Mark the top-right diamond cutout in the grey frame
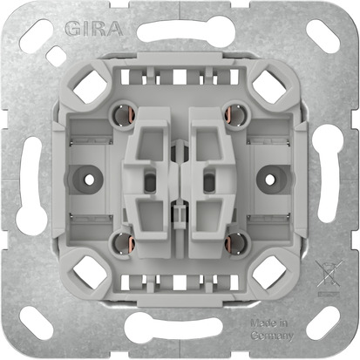pos(265,85)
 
